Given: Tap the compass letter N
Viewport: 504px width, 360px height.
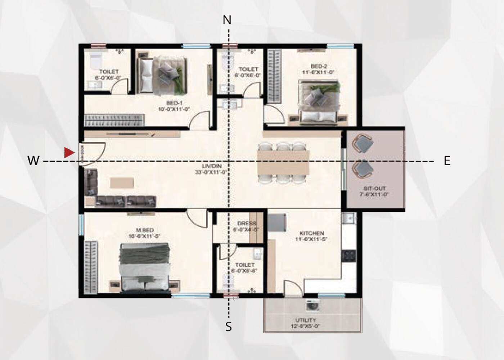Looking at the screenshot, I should click(x=227, y=20).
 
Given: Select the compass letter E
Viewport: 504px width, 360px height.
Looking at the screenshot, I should click(x=447, y=161).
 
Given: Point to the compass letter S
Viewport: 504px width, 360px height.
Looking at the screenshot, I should click(x=229, y=327).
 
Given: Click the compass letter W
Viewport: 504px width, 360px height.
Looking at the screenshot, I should click(x=33, y=161).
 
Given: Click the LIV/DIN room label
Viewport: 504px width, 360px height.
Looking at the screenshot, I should click(x=212, y=166).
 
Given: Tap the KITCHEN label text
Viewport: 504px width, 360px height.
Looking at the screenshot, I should click(x=312, y=233).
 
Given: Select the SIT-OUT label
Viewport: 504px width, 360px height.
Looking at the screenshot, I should click(x=374, y=189).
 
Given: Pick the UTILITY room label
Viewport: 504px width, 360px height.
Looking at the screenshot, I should click(x=306, y=320).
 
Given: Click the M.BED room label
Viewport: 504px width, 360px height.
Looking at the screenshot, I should click(x=145, y=230).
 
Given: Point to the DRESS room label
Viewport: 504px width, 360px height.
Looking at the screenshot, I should click(x=247, y=224).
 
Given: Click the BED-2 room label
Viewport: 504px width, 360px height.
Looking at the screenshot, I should click(x=319, y=66).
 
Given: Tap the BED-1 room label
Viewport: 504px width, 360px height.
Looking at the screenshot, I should click(x=174, y=103).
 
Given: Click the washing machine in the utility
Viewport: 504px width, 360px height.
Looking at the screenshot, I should click(x=312, y=305).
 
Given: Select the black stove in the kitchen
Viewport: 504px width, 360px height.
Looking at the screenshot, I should click(x=348, y=256).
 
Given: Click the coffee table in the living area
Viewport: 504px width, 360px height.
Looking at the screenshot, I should click(x=122, y=183).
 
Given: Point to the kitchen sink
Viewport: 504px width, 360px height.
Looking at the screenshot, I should click(x=348, y=218).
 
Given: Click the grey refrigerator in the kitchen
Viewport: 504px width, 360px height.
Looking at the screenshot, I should click(x=277, y=223).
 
